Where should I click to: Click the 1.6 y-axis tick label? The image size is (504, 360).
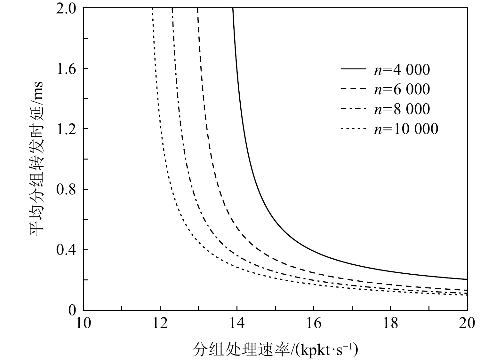pyautogui.click(x=66, y=68)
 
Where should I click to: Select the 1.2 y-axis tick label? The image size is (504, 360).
pyautogui.click(x=66, y=129)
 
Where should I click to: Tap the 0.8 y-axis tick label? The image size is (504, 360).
pyautogui.click(x=66, y=189)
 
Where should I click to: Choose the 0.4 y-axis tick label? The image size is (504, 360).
pyautogui.click(x=66, y=250)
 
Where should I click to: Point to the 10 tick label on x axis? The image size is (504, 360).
pyautogui.click(x=83, y=324)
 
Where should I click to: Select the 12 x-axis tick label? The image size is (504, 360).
pyautogui.click(x=160, y=324)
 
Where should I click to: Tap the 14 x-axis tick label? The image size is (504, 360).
pyautogui.click(x=237, y=324)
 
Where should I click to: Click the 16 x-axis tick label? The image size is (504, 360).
pyautogui.click(x=314, y=324)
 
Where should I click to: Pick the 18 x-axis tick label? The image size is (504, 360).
pyautogui.click(x=390, y=324)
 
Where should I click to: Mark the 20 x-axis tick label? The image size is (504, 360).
pyautogui.click(x=467, y=324)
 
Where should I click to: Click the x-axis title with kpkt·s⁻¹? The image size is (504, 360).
pyautogui.click(x=275, y=349)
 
